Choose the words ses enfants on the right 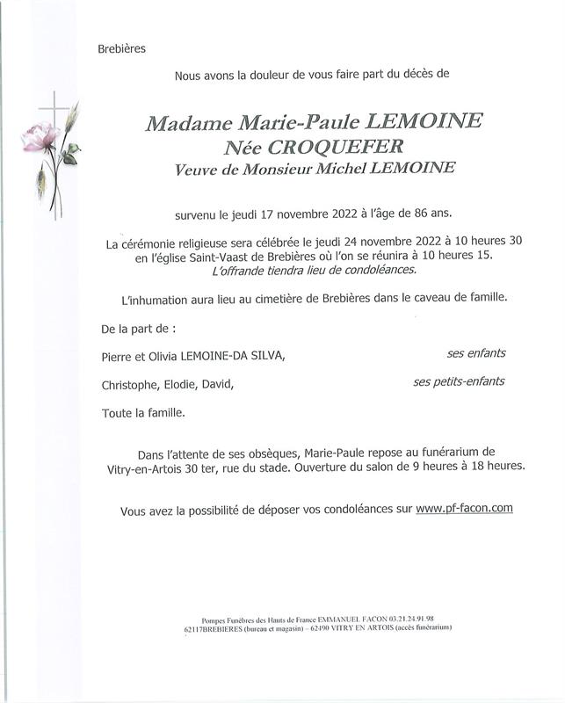(476, 353)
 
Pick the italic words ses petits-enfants (459, 381)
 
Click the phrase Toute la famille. (143, 412)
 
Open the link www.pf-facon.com (464, 508)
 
